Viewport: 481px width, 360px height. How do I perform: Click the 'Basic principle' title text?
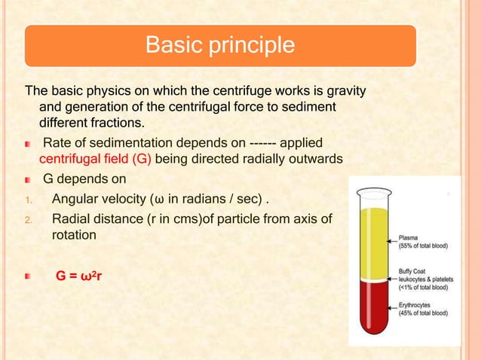tap(219, 45)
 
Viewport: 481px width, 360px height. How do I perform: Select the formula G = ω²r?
tap(79, 276)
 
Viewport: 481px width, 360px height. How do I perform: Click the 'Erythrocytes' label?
tap(419, 304)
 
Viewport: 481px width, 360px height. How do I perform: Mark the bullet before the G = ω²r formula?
tap(29, 277)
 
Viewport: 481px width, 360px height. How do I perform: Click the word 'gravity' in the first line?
tap(344, 92)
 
